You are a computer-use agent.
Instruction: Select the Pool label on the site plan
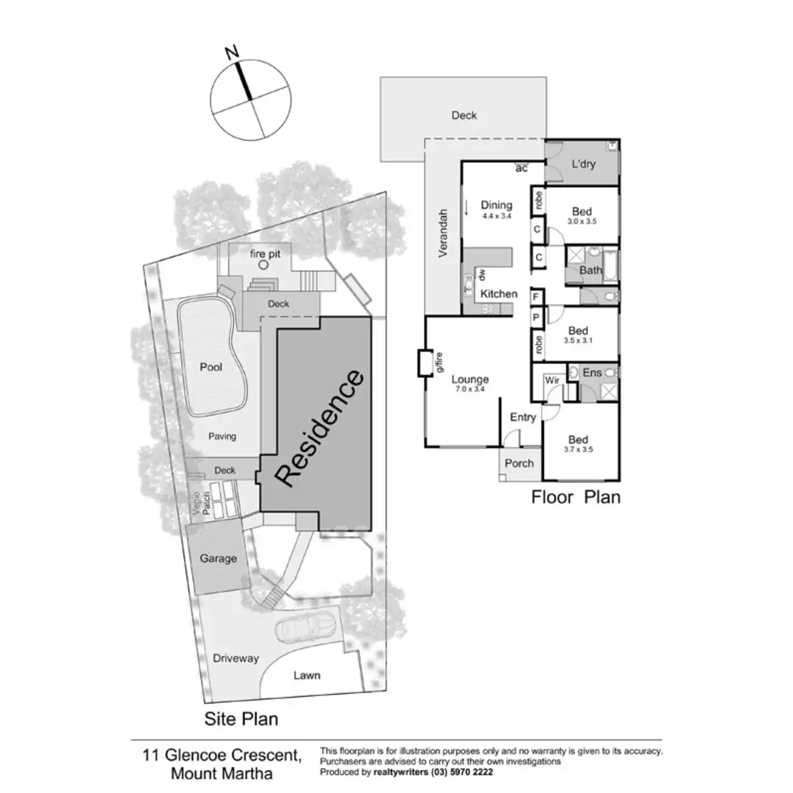point(211,367)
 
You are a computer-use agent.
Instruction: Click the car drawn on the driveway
point(305,626)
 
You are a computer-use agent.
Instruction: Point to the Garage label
point(218,558)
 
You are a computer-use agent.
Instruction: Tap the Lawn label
point(307,675)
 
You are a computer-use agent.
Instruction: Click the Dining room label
point(496,206)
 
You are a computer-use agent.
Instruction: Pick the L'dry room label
point(583,163)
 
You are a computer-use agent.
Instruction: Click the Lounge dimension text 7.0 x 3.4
point(469,389)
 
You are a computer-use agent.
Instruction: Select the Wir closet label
point(552,381)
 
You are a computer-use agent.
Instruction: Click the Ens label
point(592,373)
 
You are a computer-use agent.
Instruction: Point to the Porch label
point(519,463)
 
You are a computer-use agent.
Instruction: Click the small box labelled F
point(536,298)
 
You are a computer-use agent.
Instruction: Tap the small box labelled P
point(536,317)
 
